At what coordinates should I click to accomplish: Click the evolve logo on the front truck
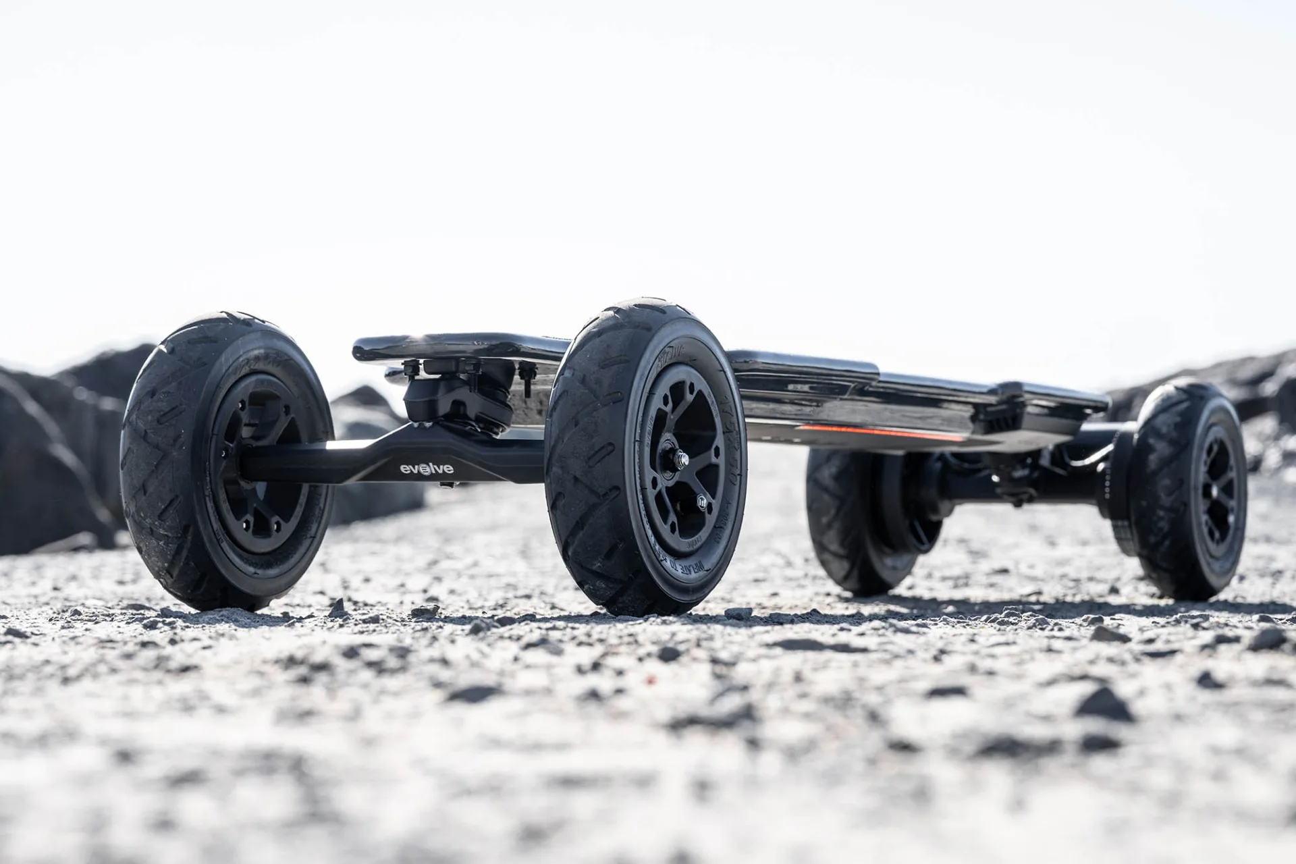point(426,468)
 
